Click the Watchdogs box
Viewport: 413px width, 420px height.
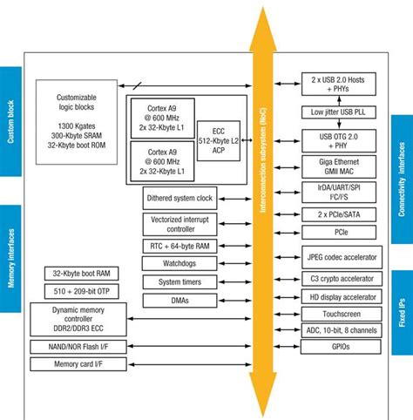pos(179,264)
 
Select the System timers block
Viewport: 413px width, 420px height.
pos(179,281)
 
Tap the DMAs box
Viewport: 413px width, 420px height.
pos(179,299)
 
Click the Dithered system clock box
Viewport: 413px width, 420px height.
pos(179,199)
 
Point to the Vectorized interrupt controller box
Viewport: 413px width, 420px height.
pos(179,223)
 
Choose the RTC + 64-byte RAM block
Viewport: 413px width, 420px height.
pos(179,247)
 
